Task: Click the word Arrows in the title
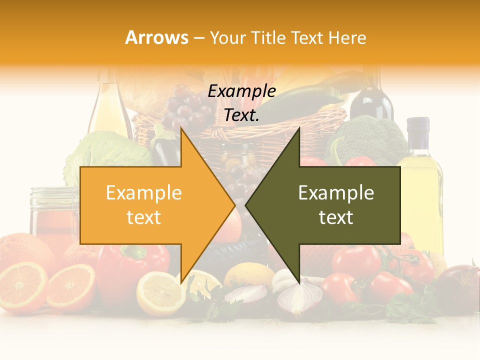(156, 37)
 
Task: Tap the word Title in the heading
(270, 37)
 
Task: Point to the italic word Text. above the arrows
(241, 115)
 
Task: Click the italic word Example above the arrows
(241, 91)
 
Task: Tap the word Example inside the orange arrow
(143, 193)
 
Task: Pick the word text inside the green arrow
(336, 217)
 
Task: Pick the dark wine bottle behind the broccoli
(371, 100)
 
